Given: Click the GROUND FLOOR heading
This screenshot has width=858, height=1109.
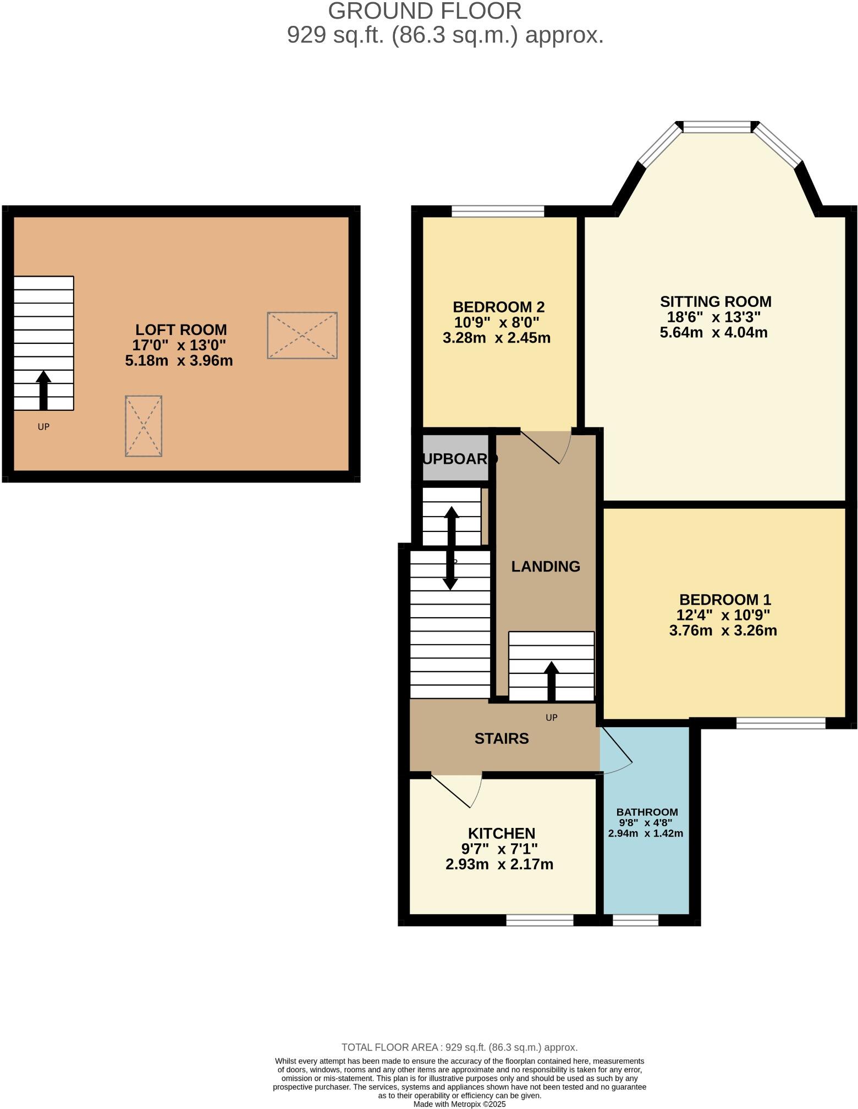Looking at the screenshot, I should click(x=425, y=12).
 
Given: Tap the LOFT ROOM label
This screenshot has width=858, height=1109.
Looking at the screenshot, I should click(x=181, y=330).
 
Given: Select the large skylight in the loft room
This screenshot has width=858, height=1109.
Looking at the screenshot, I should click(x=302, y=336).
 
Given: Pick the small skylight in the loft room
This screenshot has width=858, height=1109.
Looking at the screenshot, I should click(x=144, y=426).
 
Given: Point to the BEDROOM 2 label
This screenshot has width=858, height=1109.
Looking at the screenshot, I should click(x=498, y=307).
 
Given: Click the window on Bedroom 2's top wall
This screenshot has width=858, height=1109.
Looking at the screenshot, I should click(x=498, y=211).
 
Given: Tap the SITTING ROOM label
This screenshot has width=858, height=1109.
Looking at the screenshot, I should click(x=716, y=301).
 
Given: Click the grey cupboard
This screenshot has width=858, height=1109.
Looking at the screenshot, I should click(x=455, y=458).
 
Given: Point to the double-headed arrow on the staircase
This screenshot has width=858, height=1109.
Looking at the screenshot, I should click(x=451, y=548).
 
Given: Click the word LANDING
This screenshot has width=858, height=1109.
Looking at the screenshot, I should click(x=546, y=567).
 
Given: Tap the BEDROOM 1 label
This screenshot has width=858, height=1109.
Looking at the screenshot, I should click(x=725, y=600).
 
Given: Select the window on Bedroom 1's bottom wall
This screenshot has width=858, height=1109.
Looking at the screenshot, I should click(x=780, y=723).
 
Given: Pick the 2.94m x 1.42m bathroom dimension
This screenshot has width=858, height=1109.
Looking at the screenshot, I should click(x=646, y=833).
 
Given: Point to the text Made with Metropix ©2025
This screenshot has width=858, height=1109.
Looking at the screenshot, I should click(x=459, y=1103).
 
